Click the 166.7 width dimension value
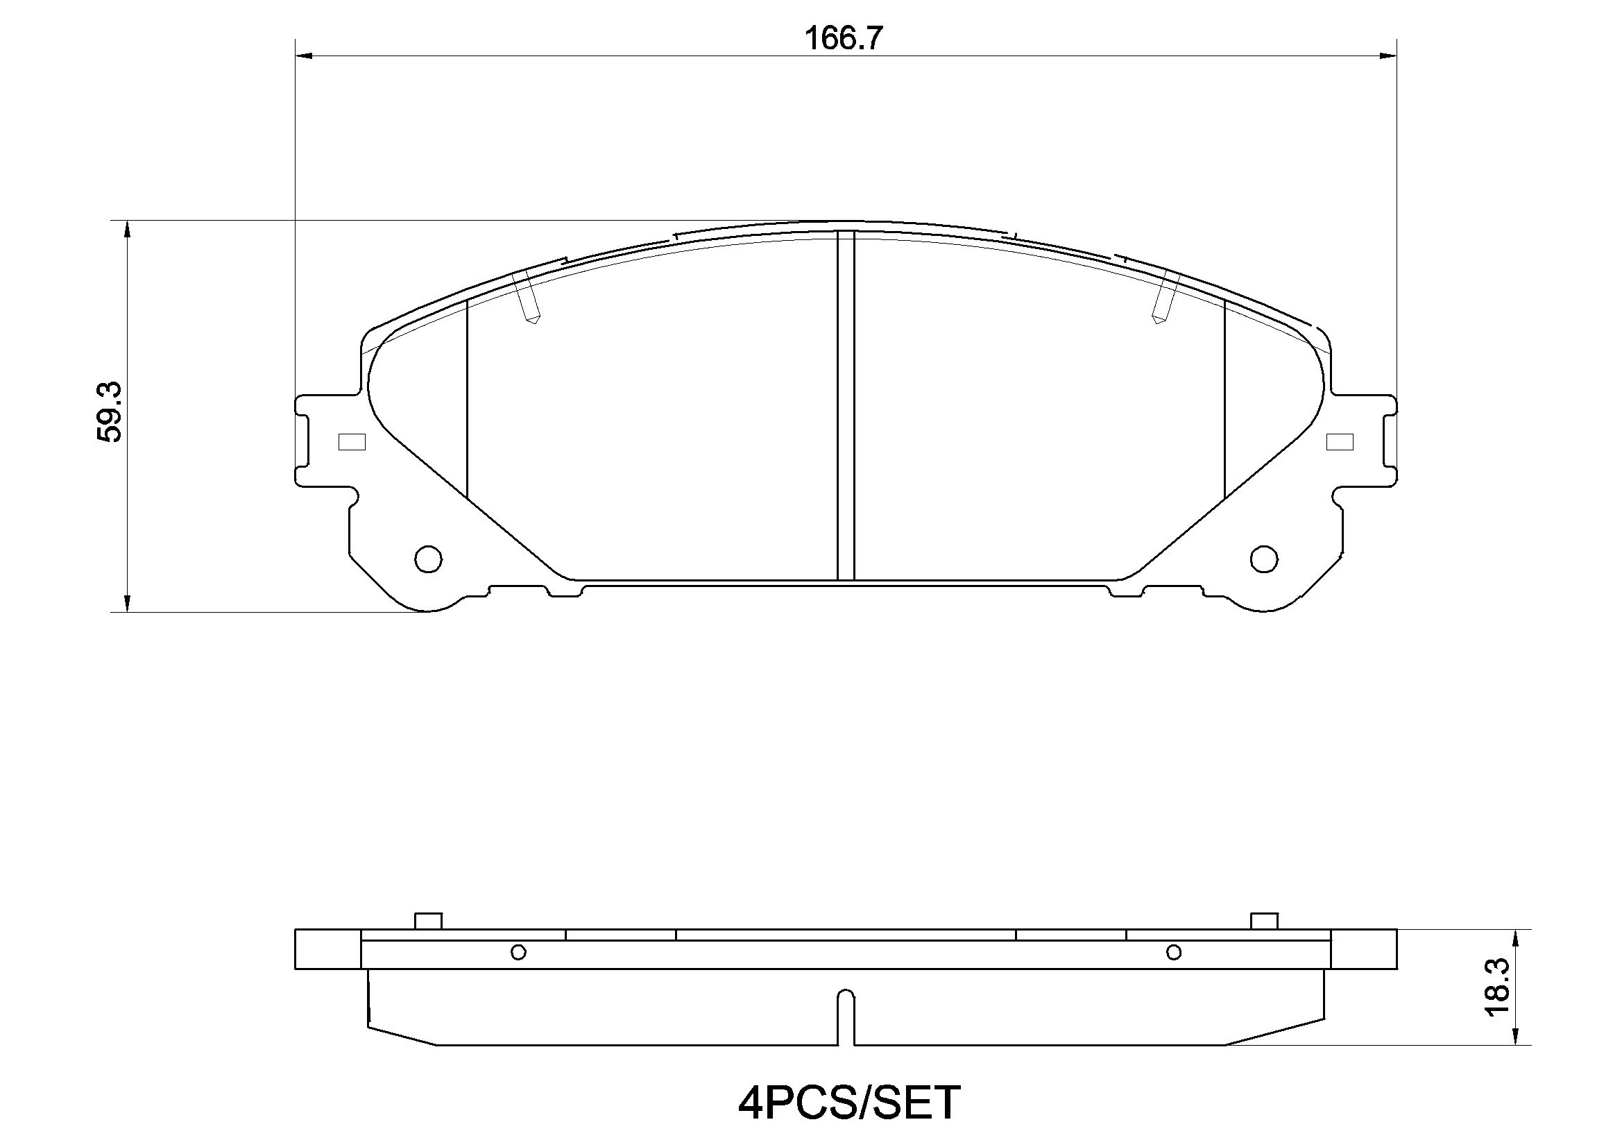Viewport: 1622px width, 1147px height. [x=844, y=38]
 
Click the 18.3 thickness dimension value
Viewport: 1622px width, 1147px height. [x=1497, y=987]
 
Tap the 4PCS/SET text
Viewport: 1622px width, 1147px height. [x=849, y=1103]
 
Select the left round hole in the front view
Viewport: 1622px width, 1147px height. [x=428, y=559]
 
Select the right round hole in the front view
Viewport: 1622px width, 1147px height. [x=1264, y=559]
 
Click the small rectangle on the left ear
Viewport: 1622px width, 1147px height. [x=352, y=442]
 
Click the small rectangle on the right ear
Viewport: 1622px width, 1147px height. [x=1340, y=442]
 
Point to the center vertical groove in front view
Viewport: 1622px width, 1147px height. [x=846, y=407]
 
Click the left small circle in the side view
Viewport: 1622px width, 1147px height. [x=518, y=953]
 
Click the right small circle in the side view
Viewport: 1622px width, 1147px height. [x=1173, y=953]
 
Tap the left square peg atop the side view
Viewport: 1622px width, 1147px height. [x=428, y=921]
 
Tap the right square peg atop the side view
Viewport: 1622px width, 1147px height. [x=1264, y=921]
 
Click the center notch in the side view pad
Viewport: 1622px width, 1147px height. [x=846, y=1018]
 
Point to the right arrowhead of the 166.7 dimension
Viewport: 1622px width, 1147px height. [x=1388, y=56]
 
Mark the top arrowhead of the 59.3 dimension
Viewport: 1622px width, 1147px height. [x=127, y=230]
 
